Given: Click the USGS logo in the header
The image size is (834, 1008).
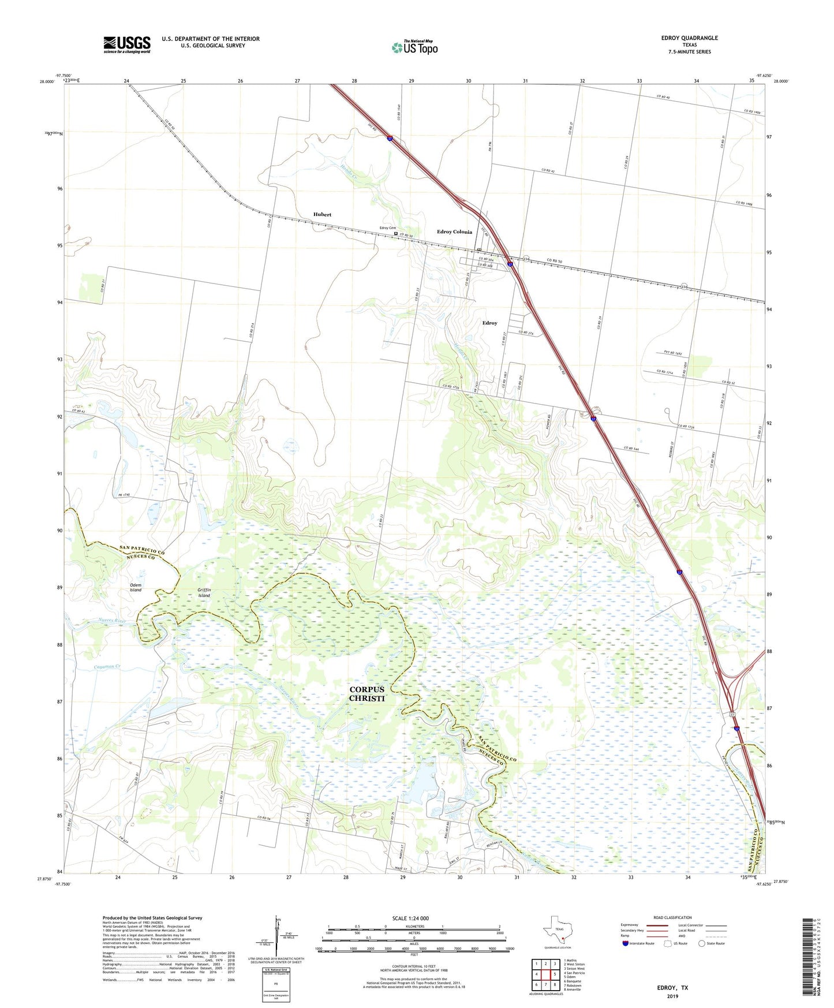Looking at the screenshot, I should (x=127, y=44).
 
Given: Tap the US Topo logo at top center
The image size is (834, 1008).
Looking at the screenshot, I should (x=414, y=47).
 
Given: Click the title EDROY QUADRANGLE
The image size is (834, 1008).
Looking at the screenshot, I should (x=689, y=38).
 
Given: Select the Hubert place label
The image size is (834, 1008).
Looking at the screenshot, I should (x=322, y=215).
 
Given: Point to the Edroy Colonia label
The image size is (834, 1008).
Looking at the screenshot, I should (x=454, y=232).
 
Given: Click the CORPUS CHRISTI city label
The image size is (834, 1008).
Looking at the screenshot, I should (x=366, y=694).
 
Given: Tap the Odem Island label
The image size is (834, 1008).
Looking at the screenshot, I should (x=136, y=588).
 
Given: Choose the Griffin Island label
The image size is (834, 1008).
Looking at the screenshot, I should (x=204, y=592).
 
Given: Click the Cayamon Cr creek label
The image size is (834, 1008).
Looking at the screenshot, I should (x=107, y=667).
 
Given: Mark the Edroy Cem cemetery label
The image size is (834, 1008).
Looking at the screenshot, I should (x=387, y=228).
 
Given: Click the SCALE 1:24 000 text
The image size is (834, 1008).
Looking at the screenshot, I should (x=410, y=919).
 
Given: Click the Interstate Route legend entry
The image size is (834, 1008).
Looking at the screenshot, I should (x=638, y=943).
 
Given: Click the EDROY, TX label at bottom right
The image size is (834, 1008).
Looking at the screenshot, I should (x=672, y=988).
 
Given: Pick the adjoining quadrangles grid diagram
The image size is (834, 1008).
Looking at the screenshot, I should (x=545, y=976).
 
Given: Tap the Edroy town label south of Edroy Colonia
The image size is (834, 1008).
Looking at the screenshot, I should (x=489, y=323).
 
